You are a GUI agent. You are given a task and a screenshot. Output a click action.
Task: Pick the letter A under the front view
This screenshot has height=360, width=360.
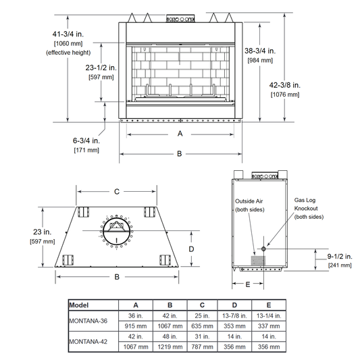pos(180,133)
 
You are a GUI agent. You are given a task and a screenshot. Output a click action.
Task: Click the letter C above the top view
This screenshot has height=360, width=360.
pos(117,191)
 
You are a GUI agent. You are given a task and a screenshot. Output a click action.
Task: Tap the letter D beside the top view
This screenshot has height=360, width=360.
pos(191,249)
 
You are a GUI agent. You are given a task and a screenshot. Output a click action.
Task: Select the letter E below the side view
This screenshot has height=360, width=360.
pos(248,285)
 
